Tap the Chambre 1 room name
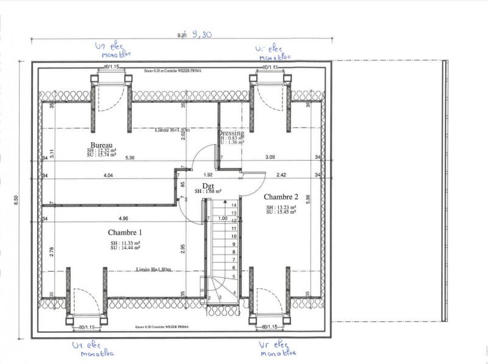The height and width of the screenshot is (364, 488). click(124, 232)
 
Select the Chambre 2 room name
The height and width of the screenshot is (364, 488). click(281, 197)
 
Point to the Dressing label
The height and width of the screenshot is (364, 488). click(231, 133)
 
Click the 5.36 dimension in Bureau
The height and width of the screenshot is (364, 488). click(130, 158)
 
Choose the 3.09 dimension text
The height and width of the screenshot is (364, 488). click(269, 158)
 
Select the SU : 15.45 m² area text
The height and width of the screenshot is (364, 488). click(281, 212)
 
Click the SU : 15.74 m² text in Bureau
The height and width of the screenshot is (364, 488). click(101, 155)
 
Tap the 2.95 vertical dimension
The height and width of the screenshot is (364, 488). click(182, 247)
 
